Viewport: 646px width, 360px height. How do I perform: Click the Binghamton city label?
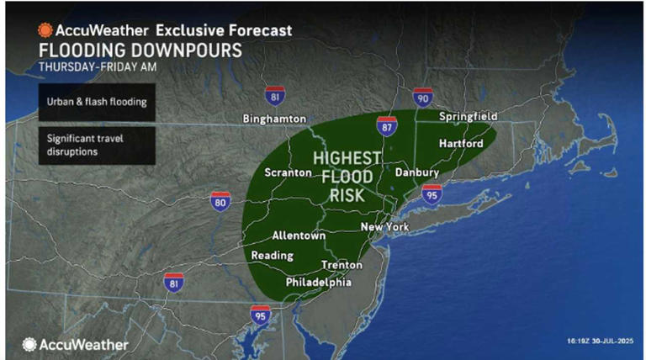273,119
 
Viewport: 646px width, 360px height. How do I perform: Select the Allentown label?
299,236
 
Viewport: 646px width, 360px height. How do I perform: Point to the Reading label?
272,256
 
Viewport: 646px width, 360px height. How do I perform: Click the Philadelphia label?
319,283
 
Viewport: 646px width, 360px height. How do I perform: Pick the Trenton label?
342,265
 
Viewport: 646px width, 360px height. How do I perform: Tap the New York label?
384,228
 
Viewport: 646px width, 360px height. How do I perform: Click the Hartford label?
460,144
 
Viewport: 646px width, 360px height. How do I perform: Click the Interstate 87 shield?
385,127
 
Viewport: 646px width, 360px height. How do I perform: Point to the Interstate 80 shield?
220,202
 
